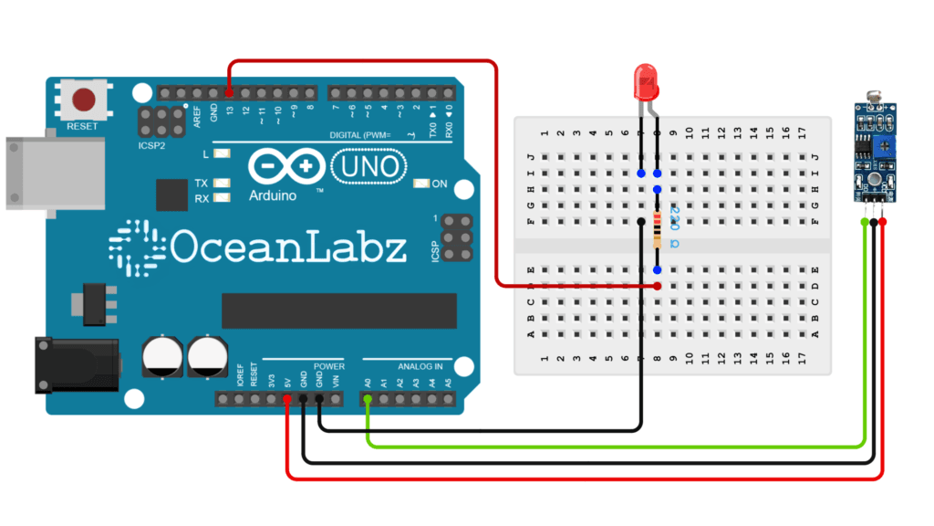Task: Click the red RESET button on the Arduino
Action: click(85, 99)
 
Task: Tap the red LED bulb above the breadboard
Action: click(647, 82)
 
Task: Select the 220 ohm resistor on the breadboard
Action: click(658, 229)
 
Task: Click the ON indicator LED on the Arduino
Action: click(420, 184)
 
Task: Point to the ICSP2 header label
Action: click(152, 143)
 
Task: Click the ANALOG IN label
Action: click(420, 366)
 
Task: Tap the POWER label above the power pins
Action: click(328, 366)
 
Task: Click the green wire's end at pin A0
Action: click(367, 399)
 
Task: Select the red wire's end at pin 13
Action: click(228, 93)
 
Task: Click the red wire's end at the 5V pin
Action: click(286, 399)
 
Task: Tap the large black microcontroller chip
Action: click(338, 310)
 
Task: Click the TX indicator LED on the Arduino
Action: click(221, 183)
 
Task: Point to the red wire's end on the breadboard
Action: click(658, 287)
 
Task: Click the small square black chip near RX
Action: click(171, 195)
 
